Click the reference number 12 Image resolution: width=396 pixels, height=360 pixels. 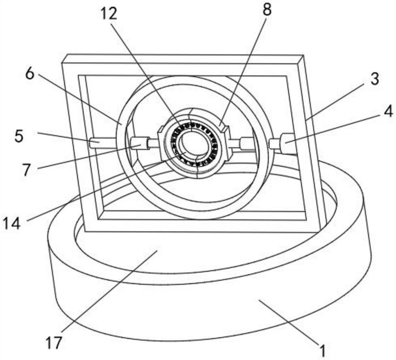click(x=108, y=14)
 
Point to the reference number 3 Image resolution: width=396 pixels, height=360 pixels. click(x=375, y=79)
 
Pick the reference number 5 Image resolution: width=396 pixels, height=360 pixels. click(x=19, y=136)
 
